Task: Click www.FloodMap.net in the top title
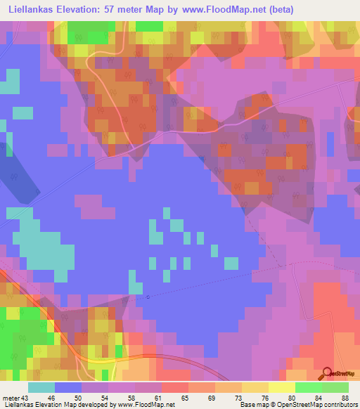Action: [218, 9]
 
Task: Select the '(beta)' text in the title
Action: [278, 9]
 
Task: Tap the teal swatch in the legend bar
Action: [41, 387]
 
